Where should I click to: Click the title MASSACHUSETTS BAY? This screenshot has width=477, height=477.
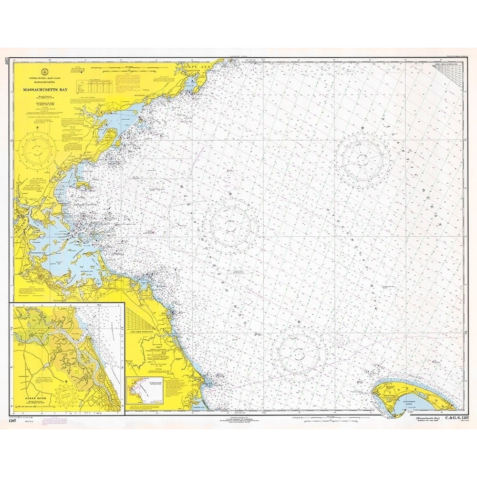coord(47,89)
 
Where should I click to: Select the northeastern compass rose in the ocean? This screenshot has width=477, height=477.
coord(363,158)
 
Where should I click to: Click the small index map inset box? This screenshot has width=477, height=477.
coord(145,389)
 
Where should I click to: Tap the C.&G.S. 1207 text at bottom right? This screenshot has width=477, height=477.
coord(445,418)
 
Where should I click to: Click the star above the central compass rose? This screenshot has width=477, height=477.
coord(231,193)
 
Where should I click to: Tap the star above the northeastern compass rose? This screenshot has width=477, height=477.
coord(363,128)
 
